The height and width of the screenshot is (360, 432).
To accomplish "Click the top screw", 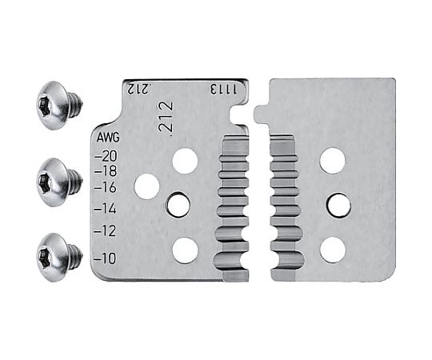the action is tap(59, 106).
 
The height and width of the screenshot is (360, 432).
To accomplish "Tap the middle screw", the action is tap(59, 182).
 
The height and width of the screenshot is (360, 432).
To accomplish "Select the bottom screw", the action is tap(59, 257).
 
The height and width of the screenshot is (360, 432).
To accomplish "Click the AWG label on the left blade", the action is tap(108, 138).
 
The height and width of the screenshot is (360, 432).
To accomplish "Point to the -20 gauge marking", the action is tap(106, 156).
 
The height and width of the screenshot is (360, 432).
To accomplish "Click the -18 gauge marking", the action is tap(106, 171).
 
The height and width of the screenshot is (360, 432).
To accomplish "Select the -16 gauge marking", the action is tap(106, 188).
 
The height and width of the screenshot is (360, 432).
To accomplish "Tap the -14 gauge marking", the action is tap(106, 210).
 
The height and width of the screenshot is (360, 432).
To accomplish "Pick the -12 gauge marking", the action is tap(106, 231).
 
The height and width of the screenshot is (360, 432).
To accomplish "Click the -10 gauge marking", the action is tap(106, 258).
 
